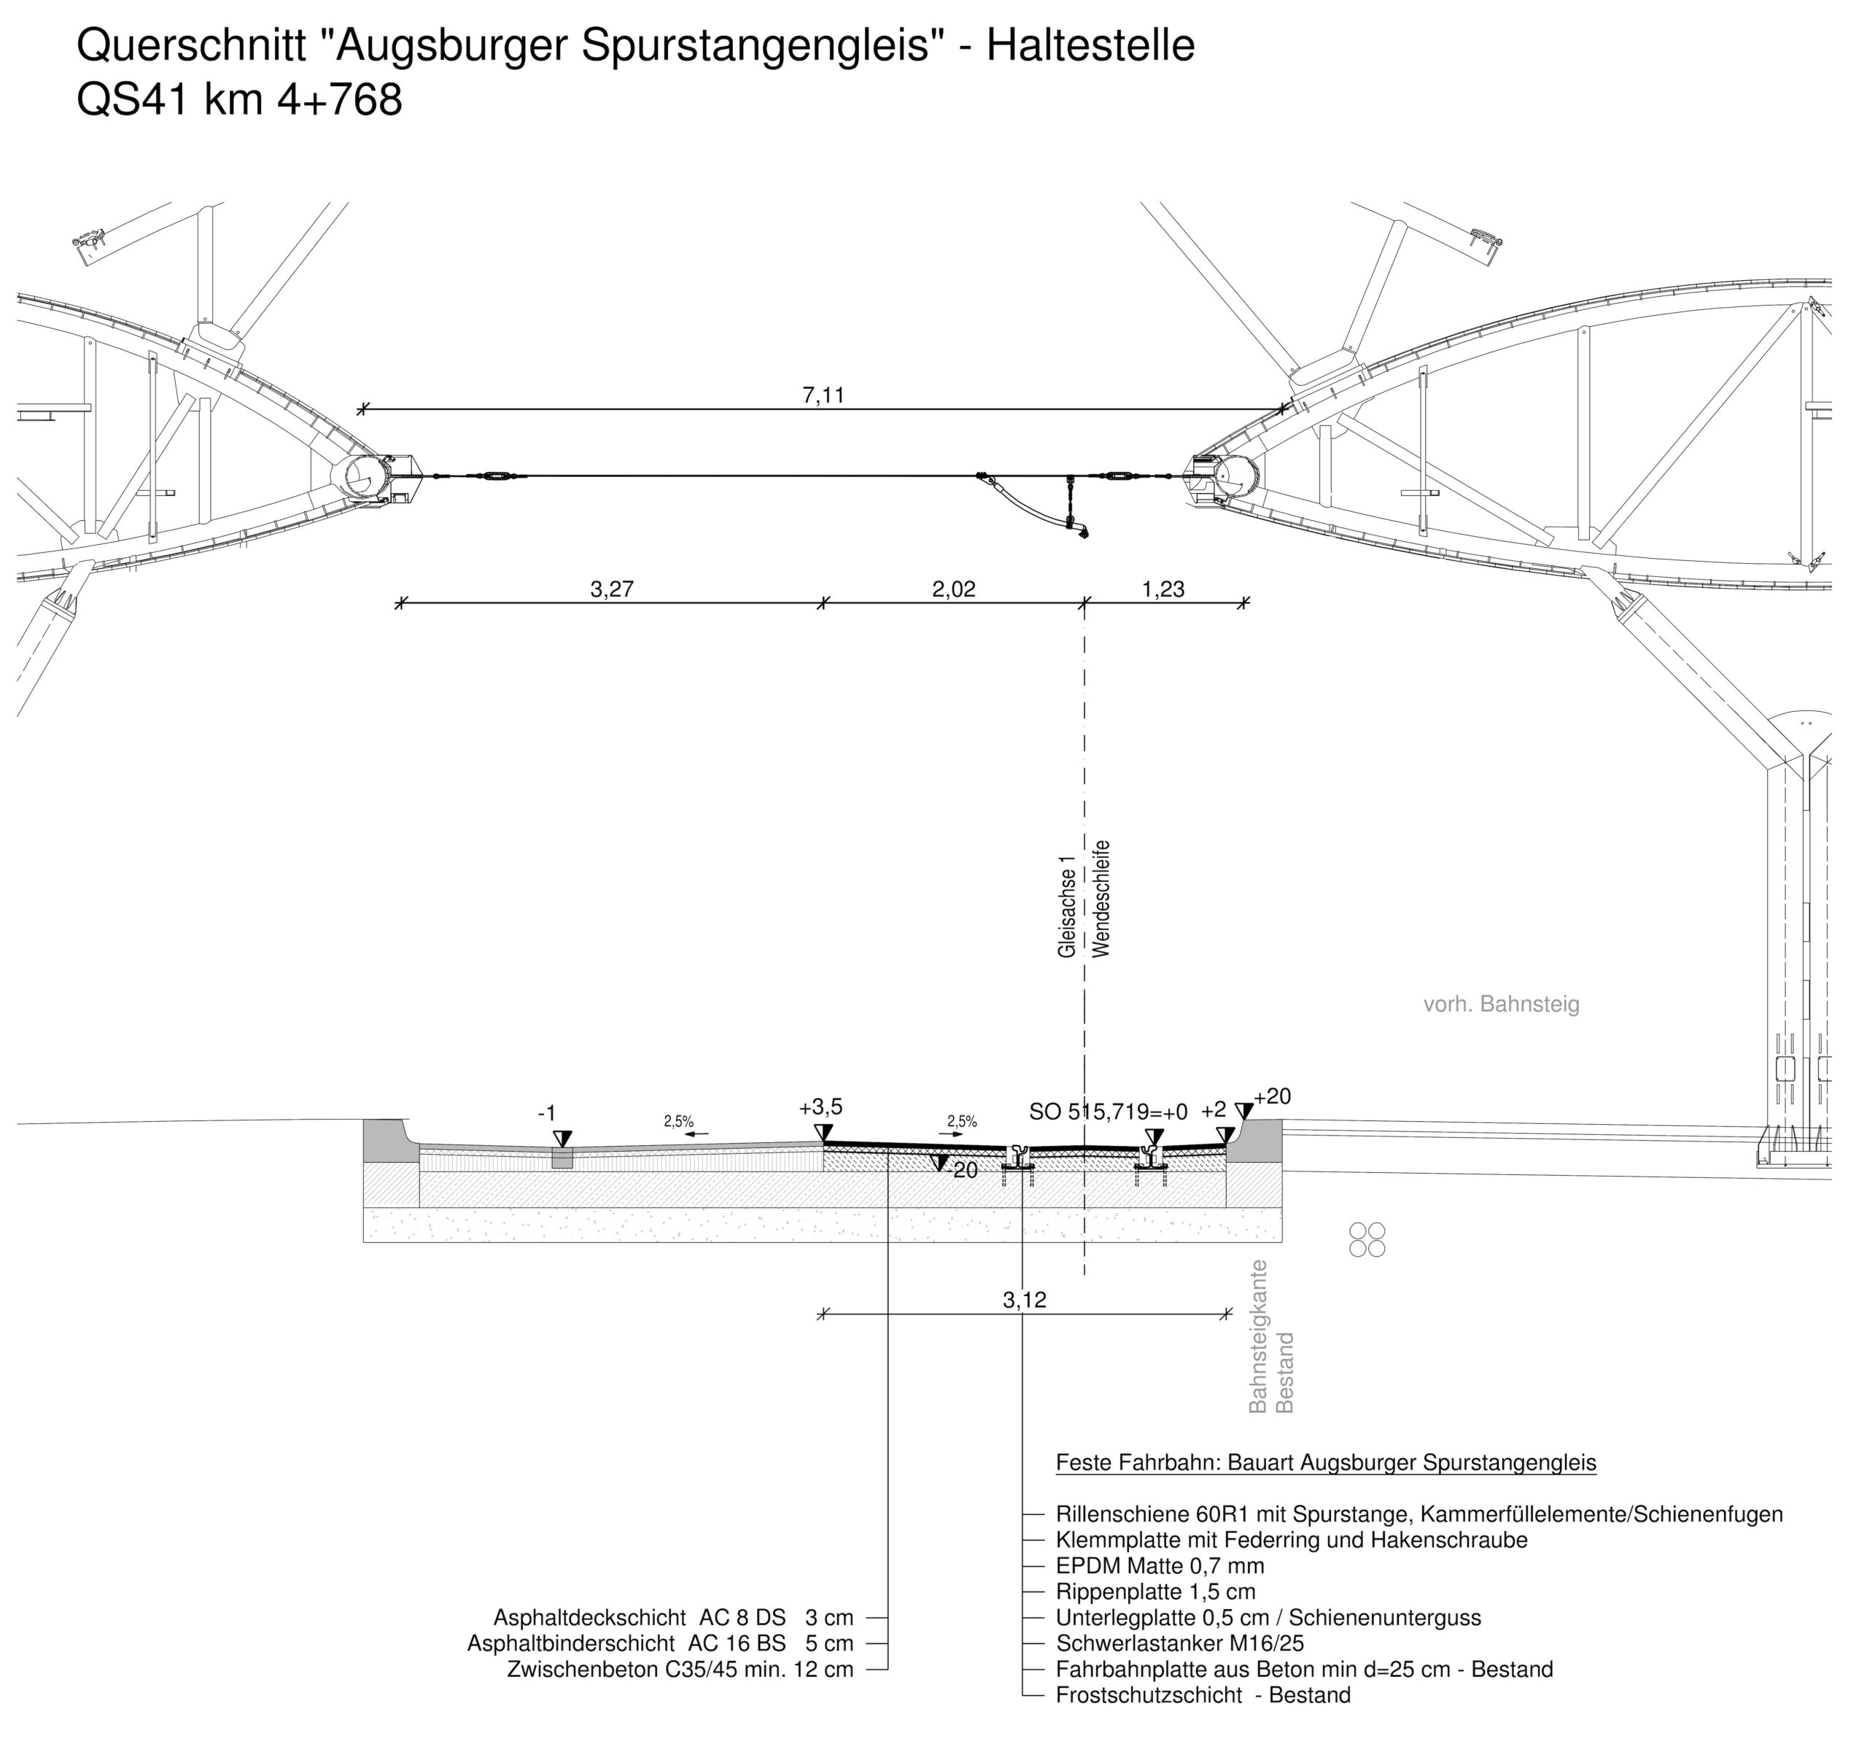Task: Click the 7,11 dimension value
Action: point(823,395)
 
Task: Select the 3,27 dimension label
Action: point(612,589)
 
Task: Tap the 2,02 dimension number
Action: point(954,589)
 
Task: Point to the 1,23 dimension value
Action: point(1163,589)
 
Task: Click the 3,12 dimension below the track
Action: point(1024,1300)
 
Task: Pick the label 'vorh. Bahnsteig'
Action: point(1502,1004)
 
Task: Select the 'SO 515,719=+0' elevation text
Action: point(1109,1112)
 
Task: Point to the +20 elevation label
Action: point(1272,1096)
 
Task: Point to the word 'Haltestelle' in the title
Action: point(1090,45)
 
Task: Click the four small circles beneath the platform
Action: point(1367,1239)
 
